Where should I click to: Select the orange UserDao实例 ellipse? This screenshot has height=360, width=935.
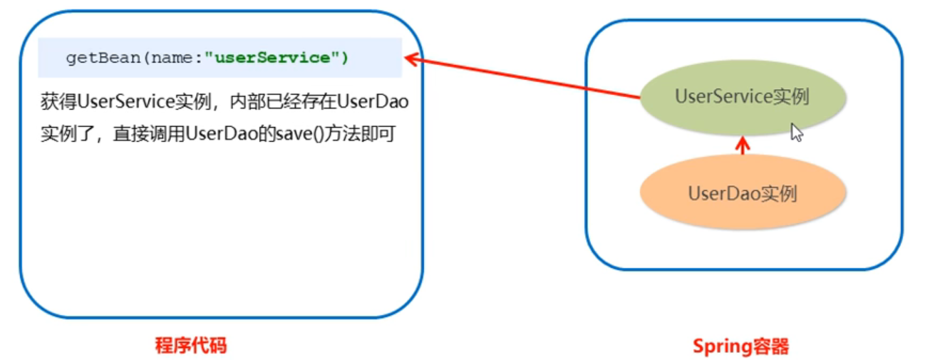742,193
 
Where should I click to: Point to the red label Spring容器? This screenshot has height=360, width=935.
741,347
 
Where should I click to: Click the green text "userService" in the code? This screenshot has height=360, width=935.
272,58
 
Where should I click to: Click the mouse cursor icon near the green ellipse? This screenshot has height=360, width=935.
797,133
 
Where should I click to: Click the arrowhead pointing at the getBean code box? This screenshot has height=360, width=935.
411,60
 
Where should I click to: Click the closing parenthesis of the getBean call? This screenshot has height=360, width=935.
344,58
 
